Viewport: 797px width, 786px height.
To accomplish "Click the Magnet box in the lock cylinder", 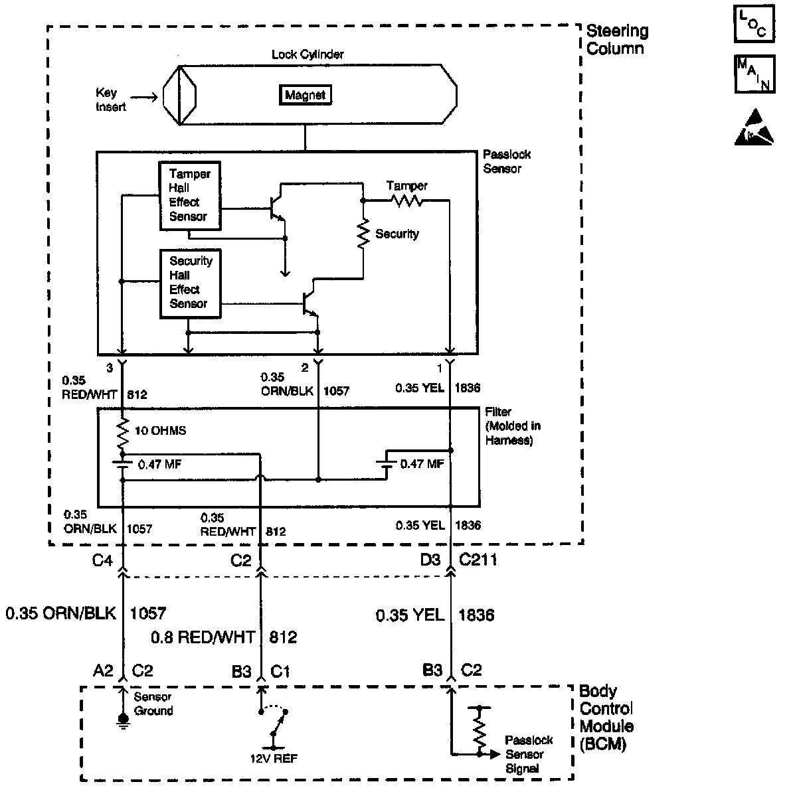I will pos(305,95).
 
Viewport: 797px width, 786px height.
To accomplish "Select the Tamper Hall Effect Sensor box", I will pos(189,196).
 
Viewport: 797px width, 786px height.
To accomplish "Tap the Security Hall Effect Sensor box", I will pos(190,283).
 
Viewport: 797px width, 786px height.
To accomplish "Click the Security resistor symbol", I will pos(363,235).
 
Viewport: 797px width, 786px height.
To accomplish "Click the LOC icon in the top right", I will pos(753,24).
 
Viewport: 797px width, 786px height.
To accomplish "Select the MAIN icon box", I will pos(753,74).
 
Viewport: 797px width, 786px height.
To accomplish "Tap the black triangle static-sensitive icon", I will pos(754,128).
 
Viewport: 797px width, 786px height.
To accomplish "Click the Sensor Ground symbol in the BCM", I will pos(122,719).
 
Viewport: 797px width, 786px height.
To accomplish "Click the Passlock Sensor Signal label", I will pos(528,754).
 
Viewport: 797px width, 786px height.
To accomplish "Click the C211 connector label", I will pos(478,560).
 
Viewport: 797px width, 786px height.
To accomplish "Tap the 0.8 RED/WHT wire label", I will pos(203,637).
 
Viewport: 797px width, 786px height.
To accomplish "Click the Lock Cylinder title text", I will pos(308,54).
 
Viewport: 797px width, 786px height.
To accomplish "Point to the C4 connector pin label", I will pos(101,560).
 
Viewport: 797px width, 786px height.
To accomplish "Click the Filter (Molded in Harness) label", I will pos(509,426).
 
